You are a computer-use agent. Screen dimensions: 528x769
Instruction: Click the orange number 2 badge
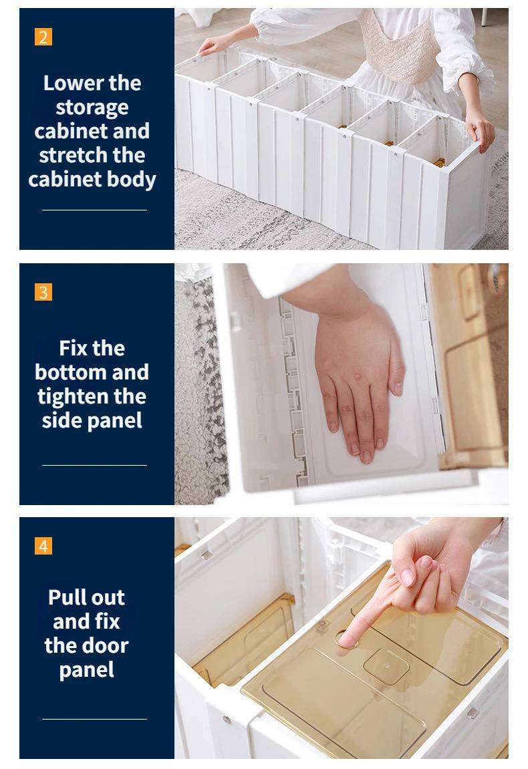point(43,37)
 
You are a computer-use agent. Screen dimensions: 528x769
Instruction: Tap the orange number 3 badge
point(43,292)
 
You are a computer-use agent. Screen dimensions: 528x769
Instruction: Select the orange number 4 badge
point(43,546)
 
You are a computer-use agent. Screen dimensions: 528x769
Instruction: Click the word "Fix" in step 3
point(73,347)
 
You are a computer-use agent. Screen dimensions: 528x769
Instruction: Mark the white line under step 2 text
point(94,210)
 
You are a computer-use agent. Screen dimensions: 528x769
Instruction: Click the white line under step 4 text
point(94,719)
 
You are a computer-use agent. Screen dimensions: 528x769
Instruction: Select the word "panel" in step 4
point(86,670)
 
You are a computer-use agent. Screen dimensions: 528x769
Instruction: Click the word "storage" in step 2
point(92,108)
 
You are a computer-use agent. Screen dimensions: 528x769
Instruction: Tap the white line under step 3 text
point(94,465)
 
